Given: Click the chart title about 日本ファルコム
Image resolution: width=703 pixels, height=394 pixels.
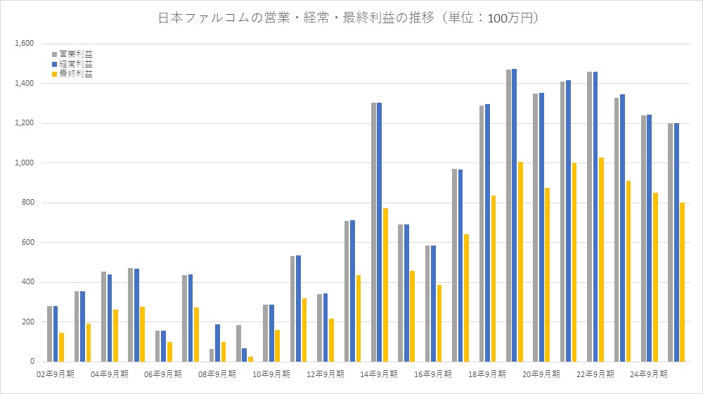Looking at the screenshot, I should pyautogui.click(x=351, y=18).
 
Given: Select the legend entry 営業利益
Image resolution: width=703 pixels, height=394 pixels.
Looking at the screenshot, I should pyautogui.click(x=75, y=53).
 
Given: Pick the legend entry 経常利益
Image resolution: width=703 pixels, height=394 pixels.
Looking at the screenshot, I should pyautogui.click(x=75, y=63).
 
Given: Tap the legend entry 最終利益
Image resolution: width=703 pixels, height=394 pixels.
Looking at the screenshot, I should pyautogui.click(x=75, y=73).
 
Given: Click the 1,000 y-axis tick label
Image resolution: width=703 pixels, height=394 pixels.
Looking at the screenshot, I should pyautogui.click(x=25, y=163).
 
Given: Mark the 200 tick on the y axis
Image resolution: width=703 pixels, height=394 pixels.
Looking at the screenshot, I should pyautogui.click(x=29, y=322).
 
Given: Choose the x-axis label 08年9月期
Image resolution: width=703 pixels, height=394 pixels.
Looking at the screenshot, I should pyautogui.click(x=217, y=374).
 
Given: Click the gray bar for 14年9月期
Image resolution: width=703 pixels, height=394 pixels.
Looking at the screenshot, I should pyautogui.click(x=374, y=232).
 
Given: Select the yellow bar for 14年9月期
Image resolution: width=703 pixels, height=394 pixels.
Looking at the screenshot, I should pyautogui.click(x=385, y=285).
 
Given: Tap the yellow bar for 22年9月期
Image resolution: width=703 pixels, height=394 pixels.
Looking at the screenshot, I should pyautogui.click(x=601, y=260).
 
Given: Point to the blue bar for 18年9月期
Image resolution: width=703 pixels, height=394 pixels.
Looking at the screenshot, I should pyautogui.click(x=487, y=233).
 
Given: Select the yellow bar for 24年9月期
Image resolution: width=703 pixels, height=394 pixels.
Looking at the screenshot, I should pyautogui.click(x=655, y=277).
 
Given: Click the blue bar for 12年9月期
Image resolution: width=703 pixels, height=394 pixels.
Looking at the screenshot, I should pyautogui.click(x=325, y=328).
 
